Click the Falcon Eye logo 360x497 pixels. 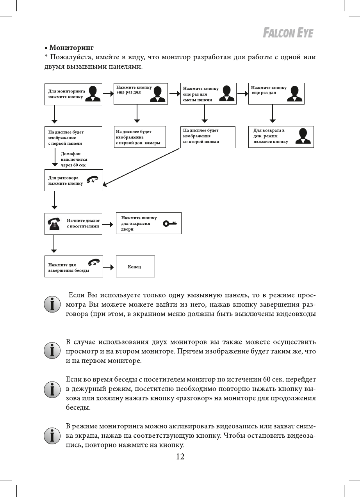click(288, 33)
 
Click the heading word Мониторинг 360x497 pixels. click(71, 48)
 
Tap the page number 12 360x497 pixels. click(180, 457)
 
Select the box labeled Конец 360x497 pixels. click(135, 266)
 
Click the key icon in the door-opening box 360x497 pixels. click(170, 223)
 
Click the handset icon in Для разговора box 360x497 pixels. click(93, 180)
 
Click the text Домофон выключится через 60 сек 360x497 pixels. click(74, 160)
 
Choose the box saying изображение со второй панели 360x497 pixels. click(208, 137)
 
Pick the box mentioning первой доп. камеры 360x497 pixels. click(140, 137)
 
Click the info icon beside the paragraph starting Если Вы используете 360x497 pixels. click(52, 304)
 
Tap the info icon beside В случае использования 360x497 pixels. click(52, 351)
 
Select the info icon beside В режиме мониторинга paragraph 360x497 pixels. click(52, 435)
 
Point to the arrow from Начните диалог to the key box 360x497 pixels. click(109, 224)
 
